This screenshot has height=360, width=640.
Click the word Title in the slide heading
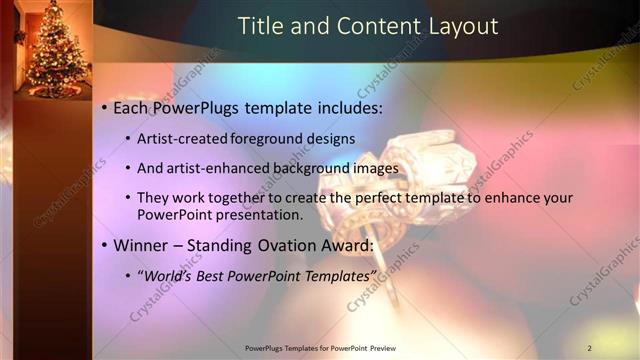point(258,26)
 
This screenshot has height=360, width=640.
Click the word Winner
point(144,245)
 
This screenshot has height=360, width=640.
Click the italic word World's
point(172,275)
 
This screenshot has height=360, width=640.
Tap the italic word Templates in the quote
point(339,275)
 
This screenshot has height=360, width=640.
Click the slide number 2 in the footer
point(589,348)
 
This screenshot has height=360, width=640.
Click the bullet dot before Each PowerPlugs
point(104,108)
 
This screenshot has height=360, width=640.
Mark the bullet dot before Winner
point(104,245)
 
